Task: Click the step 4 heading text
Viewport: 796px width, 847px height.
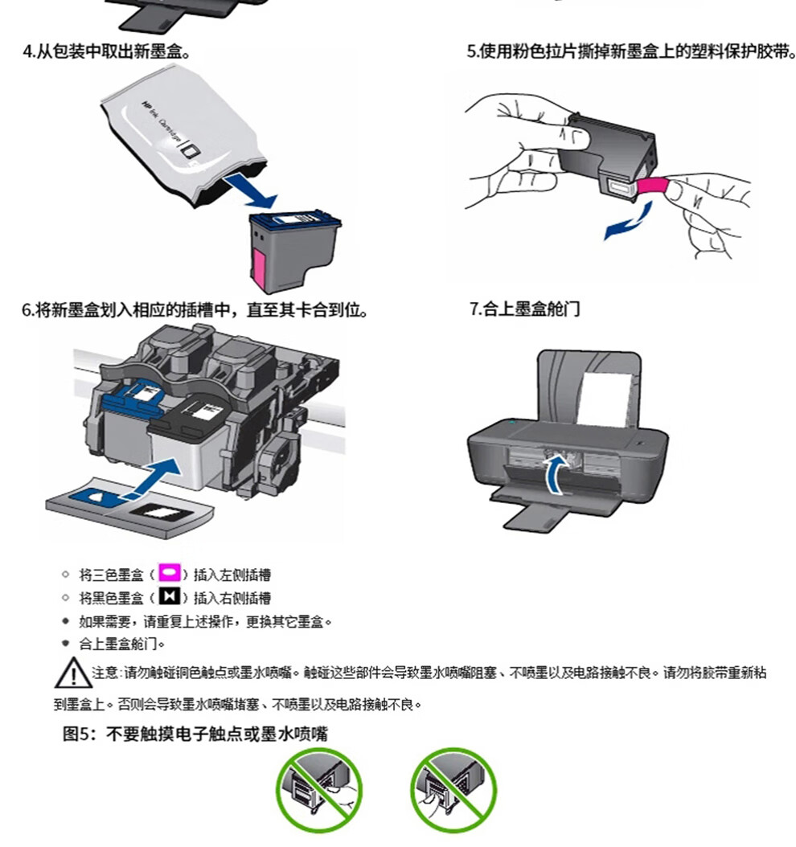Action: (106, 52)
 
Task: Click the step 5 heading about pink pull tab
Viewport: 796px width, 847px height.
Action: (631, 52)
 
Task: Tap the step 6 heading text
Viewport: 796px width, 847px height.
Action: (195, 310)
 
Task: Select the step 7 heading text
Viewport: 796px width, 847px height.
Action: (524, 309)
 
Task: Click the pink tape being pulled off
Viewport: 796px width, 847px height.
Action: (653, 186)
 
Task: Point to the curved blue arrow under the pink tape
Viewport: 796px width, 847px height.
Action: (630, 223)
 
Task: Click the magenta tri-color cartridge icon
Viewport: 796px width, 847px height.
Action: (169, 573)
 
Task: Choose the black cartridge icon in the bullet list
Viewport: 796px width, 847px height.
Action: (169, 596)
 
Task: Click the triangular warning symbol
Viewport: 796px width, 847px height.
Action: (73, 673)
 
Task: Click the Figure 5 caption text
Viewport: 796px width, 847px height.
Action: (195, 734)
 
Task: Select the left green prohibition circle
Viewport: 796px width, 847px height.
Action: (319, 790)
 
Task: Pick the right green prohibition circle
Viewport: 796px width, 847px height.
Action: (453, 790)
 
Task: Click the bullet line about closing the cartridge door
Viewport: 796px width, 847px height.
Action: (121, 644)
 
